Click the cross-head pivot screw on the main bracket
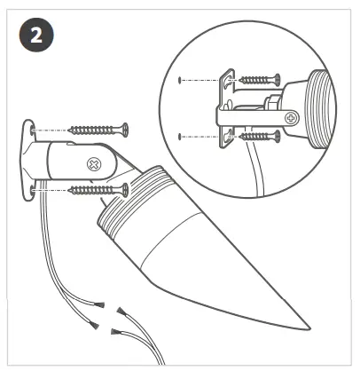[91, 163]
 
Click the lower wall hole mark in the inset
[181, 137]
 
